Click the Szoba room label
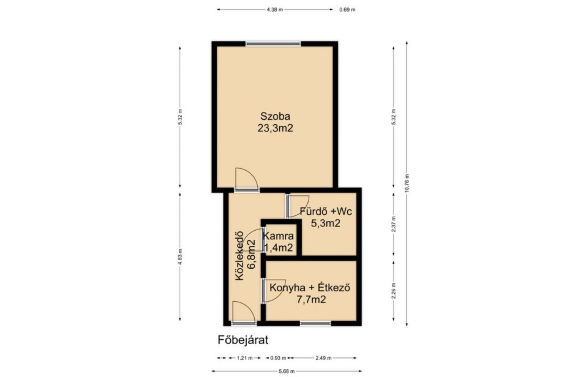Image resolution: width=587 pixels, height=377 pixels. coord(275,116)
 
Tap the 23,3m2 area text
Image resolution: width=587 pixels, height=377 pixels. coord(275,128)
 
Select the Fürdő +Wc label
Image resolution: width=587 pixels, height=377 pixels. coord(326,211)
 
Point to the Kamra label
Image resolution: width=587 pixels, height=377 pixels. coord(278,236)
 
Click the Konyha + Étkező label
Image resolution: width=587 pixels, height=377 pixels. coord(310,287)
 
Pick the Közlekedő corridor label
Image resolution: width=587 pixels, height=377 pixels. coord(240,255)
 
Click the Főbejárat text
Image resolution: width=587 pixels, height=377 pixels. coord(243,340)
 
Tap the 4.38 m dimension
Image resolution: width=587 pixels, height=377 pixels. coord(275,9)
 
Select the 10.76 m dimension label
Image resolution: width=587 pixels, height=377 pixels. coord(407,183)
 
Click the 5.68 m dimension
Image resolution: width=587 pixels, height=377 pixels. coord(286,371)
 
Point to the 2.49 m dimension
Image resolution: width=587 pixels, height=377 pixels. coord(323,358)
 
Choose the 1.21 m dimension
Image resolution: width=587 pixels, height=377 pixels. coord(245,358)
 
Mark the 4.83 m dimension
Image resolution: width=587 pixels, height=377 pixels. coord(180,257)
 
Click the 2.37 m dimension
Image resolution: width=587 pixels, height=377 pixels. coord(393,224)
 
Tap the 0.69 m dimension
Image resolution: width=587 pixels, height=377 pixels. coord(347,9)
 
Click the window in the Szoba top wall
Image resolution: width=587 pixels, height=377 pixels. coord(274,44)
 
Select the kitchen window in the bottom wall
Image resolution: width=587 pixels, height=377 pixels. coord(315,323)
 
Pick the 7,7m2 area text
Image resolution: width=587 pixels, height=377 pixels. coord(311,300)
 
